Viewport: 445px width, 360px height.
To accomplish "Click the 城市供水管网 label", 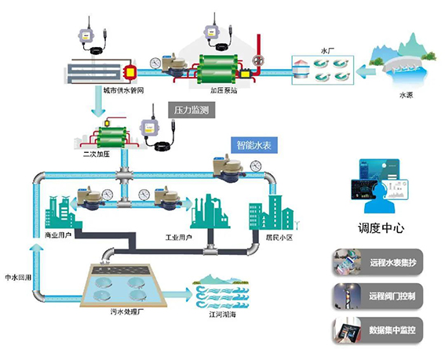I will click(125, 90).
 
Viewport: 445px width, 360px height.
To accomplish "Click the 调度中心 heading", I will click(380, 229).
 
